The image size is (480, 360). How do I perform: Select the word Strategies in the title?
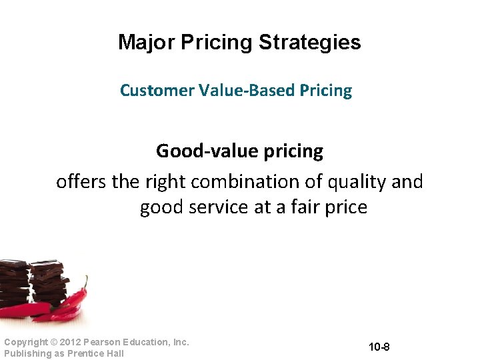pyautogui.click(x=309, y=43)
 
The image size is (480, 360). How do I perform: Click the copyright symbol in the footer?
pyautogui.click(x=51, y=342)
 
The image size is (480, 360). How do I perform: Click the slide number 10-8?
pyautogui.click(x=378, y=347)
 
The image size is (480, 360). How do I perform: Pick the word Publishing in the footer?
pyautogui.click(x=26, y=353)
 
